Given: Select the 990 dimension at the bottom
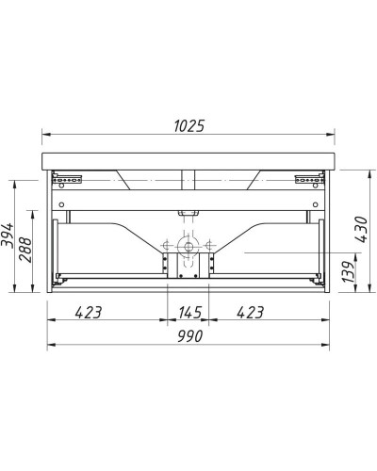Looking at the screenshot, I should coord(188,333).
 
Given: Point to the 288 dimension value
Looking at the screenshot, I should coord(28,250).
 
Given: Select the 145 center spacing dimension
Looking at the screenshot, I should coord(188,311).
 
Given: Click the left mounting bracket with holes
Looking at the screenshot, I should coord(72,176).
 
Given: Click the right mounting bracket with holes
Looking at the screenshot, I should coord(305,176).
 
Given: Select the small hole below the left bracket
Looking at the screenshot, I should coord(62,203).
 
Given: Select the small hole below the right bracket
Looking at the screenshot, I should coord(314,203).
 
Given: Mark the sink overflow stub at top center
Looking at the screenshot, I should coord(188,178).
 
